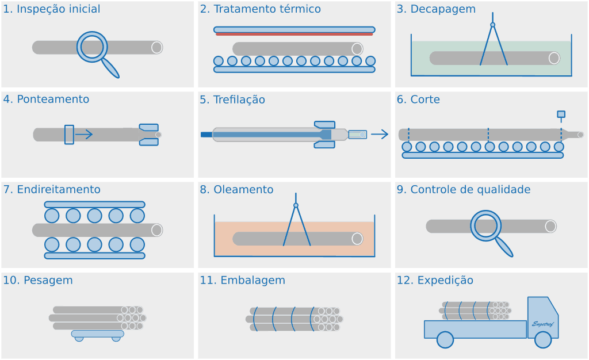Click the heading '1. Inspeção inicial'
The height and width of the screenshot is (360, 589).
(x=52, y=9)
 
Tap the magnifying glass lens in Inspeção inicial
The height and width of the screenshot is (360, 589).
(x=92, y=47)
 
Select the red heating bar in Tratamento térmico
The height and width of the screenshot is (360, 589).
(x=294, y=34)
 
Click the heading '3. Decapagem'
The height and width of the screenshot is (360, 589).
(x=436, y=9)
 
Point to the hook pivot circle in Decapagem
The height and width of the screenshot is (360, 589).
(x=492, y=25)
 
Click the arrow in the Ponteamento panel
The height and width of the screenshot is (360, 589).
(x=84, y=134)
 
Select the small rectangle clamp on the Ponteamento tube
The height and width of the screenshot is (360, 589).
(x=69, y=134)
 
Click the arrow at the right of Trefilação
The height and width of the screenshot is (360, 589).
(x=379, y=134)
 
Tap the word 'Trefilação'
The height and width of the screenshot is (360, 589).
(x=239, y=99)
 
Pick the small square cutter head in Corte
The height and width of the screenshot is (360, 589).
(x=561, y=114)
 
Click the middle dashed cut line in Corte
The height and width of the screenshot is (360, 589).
(x=488, y=135)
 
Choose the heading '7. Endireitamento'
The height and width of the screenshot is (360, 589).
(x=52, y=190)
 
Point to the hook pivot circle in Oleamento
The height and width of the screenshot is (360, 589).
(x=296, y=205)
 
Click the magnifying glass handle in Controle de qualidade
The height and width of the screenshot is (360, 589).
(x=504, y=247)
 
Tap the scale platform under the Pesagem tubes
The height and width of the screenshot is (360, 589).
(x=97, y=334)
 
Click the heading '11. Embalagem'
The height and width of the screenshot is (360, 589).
(x=242, y=281)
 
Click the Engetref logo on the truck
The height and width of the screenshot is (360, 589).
(x=542, y=324)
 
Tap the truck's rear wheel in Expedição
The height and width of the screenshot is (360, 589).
(x=445, y=340)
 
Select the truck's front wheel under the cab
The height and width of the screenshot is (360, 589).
(x=542, y=340)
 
